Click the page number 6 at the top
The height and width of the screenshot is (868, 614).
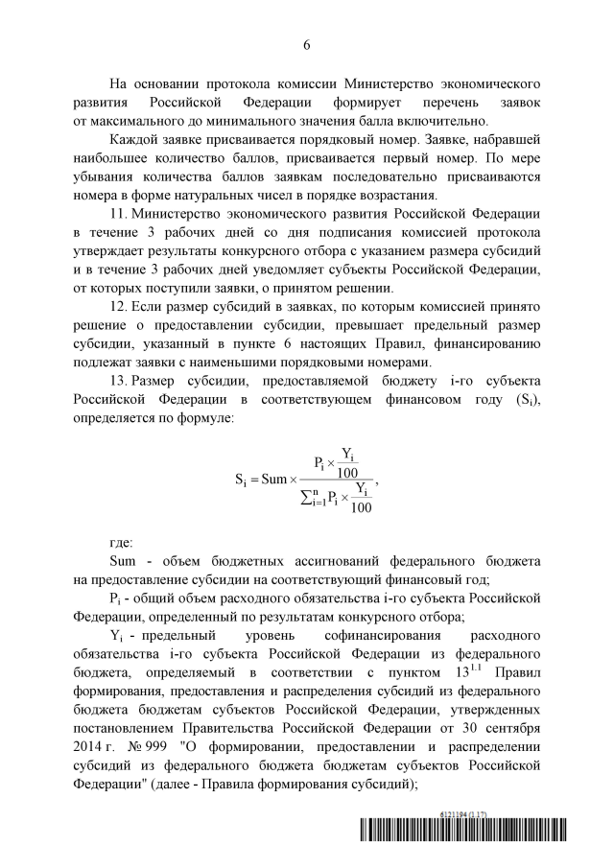click(307, 44)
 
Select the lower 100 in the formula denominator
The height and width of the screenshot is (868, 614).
click(361, 507)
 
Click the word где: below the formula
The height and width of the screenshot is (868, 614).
click(123, 542)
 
